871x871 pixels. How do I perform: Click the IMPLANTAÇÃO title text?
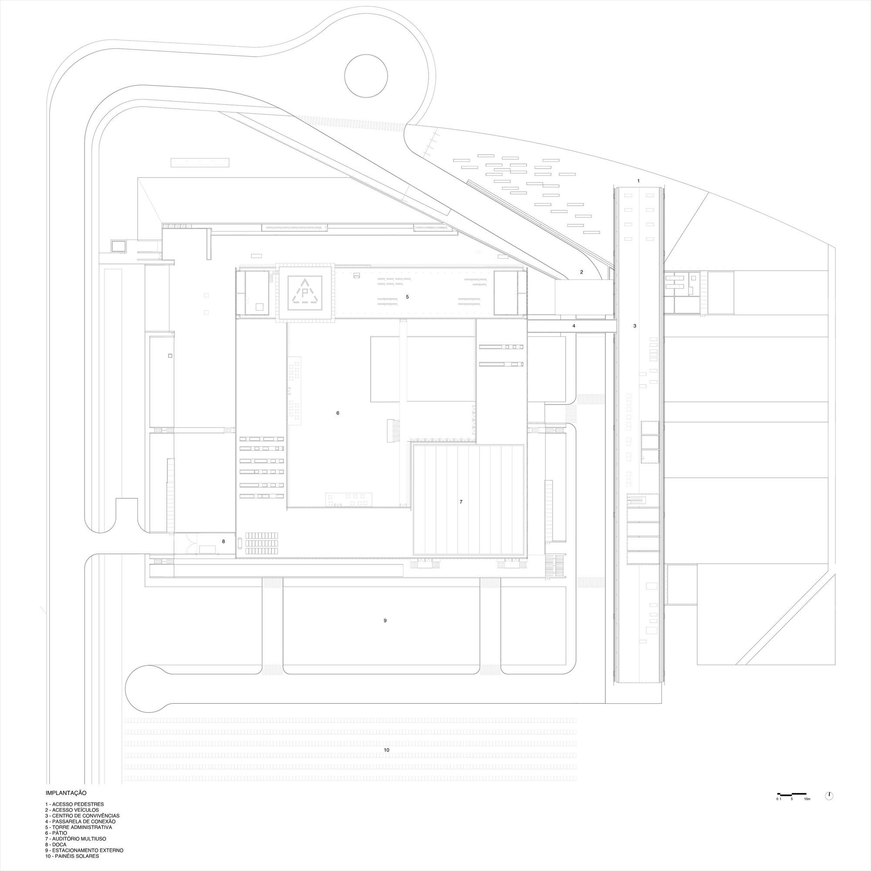tap(66, 792)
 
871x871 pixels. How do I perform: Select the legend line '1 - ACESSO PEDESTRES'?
tap(75, 804)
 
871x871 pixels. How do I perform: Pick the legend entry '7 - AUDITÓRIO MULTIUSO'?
tap(76, 838)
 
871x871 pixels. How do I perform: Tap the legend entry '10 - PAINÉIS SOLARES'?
tap(72, 856)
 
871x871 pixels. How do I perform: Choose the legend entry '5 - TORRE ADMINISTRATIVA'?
tap(79, 827)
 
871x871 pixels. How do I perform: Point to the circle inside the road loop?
tap(366, 76)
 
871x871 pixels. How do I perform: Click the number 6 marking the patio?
tap(338, 413)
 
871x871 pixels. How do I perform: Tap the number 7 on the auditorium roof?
tap(461, 502)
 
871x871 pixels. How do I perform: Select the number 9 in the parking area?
tap(385, 621)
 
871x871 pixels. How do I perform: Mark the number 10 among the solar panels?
tap(386, 750)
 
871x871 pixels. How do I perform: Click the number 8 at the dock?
tap(223, 541)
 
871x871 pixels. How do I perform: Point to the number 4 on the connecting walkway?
tap(574, 325)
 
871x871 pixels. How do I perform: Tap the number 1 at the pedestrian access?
tap(638, 181)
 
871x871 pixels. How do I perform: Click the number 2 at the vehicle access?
tap(581, 272)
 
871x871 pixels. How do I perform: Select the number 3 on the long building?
tap(635, 325)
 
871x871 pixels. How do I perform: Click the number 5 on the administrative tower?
tap(407, 297)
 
